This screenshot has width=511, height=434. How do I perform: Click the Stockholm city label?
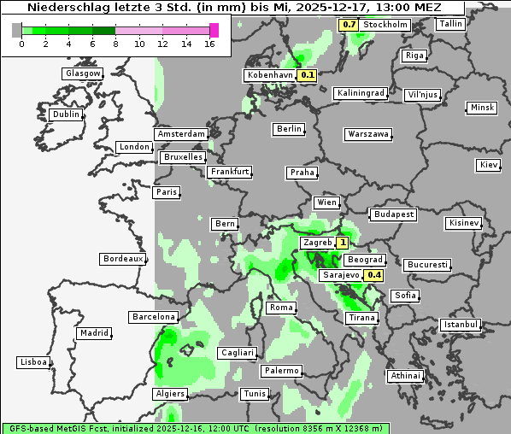point(385,25)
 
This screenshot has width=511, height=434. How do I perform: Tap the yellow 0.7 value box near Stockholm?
point(349,25)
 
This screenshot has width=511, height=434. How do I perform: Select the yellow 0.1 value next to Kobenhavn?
point(308,75)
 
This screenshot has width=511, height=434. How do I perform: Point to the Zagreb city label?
point(317,243)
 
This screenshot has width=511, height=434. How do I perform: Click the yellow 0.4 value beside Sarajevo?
point(373,275)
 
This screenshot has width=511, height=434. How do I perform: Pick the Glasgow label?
point(83,73)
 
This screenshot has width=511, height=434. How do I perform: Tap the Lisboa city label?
point(32,362)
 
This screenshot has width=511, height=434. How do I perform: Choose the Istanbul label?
point(461,325)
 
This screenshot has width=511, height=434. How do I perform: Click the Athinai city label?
point(405,376)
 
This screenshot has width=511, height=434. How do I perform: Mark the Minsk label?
point(482,108)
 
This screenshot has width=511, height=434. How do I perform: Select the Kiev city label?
point(489,165)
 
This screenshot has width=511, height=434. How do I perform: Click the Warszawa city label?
point(368,134)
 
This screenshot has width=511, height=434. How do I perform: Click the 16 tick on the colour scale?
point(210,43)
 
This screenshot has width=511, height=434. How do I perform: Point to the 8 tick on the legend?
point(115,43)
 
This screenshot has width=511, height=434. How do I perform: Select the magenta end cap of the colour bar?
point(214,30)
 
